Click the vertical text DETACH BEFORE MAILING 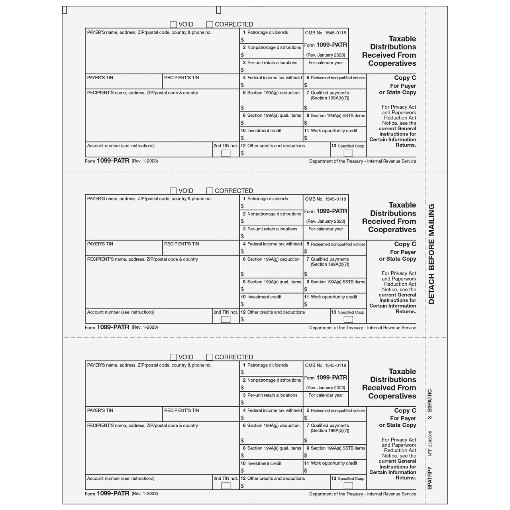431,254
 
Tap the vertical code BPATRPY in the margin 430,478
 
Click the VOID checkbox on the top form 173,24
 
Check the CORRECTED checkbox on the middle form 210,191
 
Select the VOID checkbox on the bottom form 173,357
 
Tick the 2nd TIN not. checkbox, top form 226,153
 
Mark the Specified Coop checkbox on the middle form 348,320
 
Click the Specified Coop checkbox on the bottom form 348,486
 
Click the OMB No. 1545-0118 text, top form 326,33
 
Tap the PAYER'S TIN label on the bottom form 100,410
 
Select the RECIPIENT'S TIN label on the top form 181,78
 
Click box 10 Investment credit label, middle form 264,297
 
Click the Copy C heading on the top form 405,78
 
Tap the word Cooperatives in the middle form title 392,230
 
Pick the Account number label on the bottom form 121,479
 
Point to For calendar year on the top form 326,63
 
